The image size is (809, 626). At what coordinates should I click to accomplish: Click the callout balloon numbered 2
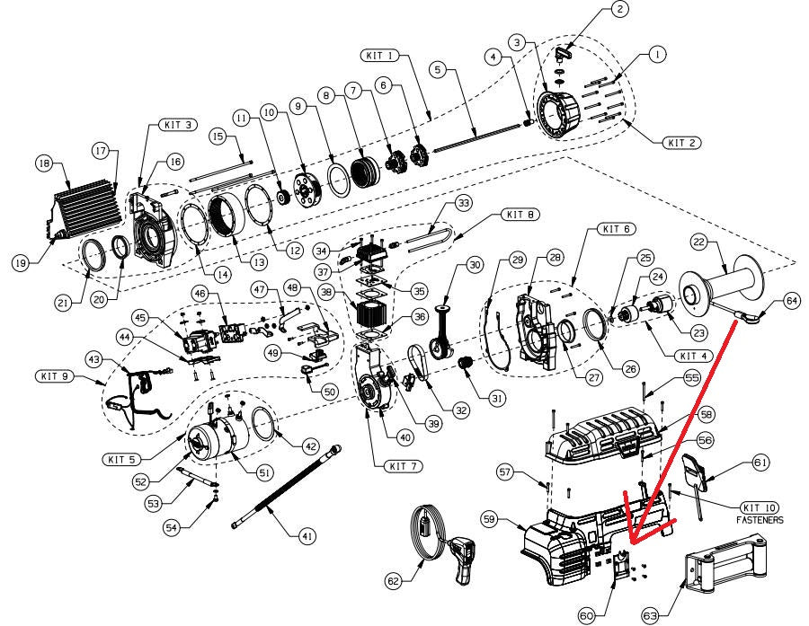coord(618,10)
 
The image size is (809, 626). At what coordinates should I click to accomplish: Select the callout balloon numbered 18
coord(42,163)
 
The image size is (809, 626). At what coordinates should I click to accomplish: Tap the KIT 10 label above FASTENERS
coord(760,507)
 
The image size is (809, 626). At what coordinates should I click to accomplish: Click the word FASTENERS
coord(760,519)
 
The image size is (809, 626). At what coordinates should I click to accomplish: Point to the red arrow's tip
coord(631,546)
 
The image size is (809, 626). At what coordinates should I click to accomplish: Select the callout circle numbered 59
coord(515,518)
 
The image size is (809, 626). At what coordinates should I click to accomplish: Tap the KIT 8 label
coord(520,215)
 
